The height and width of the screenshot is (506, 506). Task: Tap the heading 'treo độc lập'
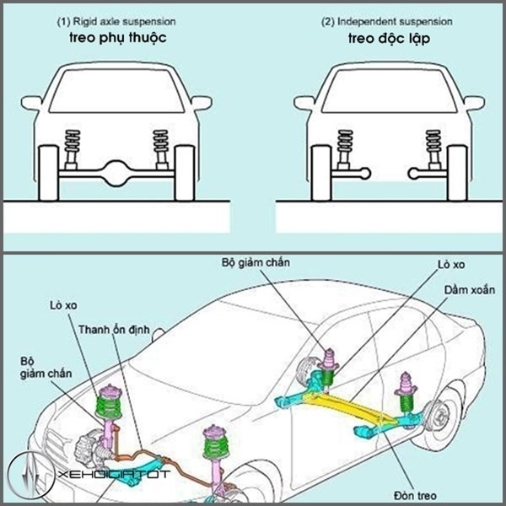(x=382, y=38)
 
